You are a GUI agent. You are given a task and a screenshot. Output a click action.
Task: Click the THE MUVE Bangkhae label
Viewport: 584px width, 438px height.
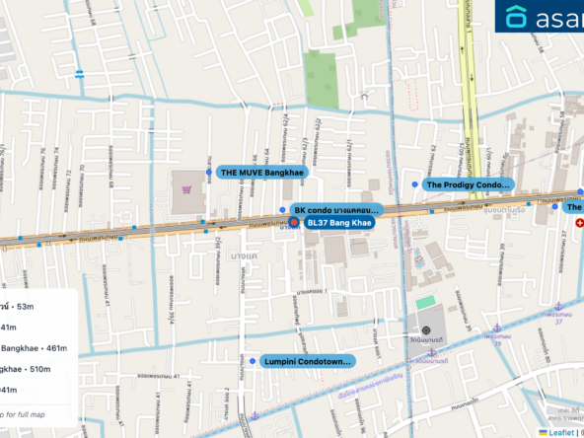tap(261, 172)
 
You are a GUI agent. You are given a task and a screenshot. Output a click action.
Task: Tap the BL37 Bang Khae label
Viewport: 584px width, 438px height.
tap(338, 223)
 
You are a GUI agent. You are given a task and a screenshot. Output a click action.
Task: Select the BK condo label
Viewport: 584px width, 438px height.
tap(335, 210)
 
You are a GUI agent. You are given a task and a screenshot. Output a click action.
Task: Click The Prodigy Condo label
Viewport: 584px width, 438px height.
tap(468, 184)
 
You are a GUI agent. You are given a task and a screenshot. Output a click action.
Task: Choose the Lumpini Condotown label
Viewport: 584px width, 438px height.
tap(307, 362)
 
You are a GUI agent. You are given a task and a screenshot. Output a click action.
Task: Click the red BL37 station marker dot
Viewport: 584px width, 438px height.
tap(294, 223)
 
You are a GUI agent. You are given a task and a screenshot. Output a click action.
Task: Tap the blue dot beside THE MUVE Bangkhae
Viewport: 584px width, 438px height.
tap(209, 172)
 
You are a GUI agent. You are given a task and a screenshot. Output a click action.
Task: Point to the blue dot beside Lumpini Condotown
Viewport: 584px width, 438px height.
tap(253, 362)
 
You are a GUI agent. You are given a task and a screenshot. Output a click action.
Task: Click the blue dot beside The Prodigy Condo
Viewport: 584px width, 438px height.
tap(415, 184)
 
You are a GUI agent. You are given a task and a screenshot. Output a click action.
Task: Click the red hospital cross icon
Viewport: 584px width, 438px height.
tap(579, 223)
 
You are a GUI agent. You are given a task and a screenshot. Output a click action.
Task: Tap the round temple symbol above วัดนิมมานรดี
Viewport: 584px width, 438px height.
tap(426, 330)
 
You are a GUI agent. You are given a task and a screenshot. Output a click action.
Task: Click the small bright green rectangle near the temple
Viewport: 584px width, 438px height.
tap(425, 302)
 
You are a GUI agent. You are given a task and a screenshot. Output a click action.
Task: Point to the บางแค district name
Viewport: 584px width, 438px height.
tap(244, 256)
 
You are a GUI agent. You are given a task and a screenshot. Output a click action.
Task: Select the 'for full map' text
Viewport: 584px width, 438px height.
tap(22, 411)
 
